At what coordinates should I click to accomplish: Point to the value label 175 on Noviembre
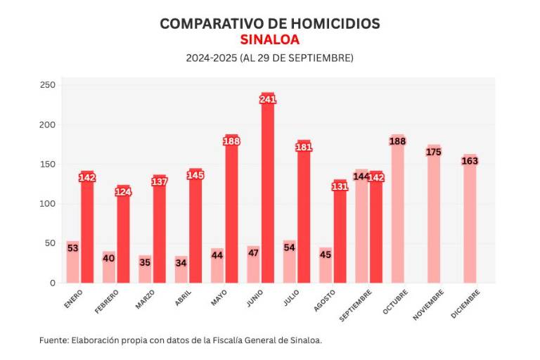[x=434, y=152]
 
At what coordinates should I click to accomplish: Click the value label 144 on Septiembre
[x=361, y=176]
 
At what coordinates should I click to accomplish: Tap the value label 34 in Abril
[x=181, y=263]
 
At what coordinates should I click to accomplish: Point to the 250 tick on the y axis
[x=47, y=85]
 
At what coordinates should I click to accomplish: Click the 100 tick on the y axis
[x=47, y=204]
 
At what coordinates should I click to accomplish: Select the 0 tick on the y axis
[x=52, y=283]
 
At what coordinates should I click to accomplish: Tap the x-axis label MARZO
[x=146, y=300]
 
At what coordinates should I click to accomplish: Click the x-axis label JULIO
[x=292, y=298]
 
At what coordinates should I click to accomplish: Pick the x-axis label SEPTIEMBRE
[x=356, y=305]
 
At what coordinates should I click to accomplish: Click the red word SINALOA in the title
[x=269, y=39]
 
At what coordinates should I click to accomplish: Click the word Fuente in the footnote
[x=53, y=340]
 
